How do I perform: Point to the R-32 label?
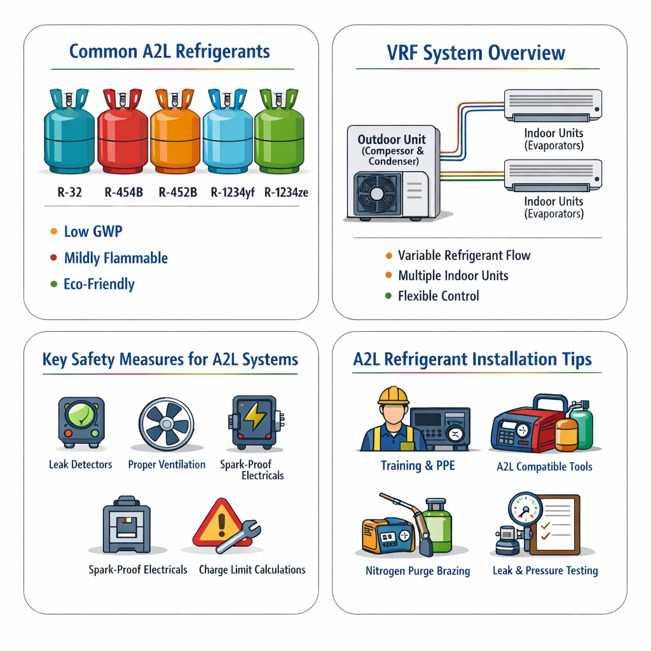click(x=70, y=191)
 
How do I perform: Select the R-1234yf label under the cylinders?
click(x=232, y=191)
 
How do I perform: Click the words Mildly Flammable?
click(x=116, y=258)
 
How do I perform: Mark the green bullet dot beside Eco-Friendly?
click(x=53, y=284)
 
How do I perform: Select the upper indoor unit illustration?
click(x=552, y=105)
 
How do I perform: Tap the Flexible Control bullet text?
click(x=439, y=296)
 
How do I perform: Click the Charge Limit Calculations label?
click(x=252, y=570)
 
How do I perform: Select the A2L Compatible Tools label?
click(x=544, y=467)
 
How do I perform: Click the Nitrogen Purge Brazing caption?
click(x=418, y=571)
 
